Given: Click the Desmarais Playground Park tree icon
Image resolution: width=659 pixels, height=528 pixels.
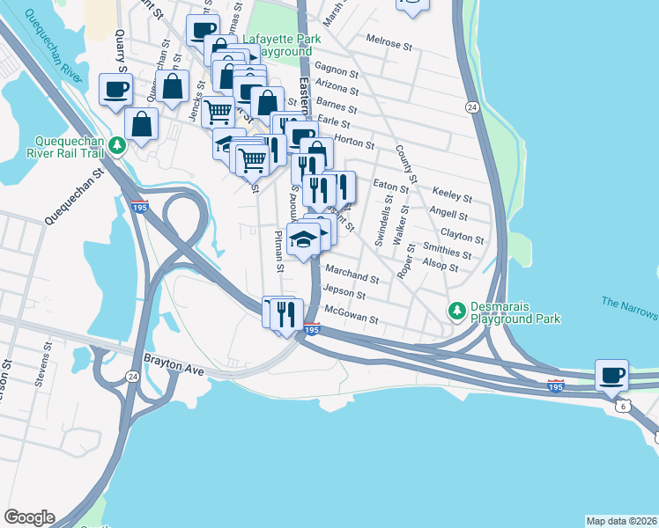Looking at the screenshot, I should [456, 311].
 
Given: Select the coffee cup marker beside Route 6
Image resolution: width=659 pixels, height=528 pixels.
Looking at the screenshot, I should [611, 376].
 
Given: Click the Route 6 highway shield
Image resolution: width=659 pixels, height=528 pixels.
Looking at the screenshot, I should [622, 406].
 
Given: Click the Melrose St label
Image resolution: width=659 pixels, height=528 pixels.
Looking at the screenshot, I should [389, 43].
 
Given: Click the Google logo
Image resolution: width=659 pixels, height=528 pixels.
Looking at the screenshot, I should [29, 517].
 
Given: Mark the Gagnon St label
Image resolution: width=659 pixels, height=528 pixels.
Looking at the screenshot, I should [336, 70].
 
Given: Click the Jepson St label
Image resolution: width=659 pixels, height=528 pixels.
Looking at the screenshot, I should [344, 292].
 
